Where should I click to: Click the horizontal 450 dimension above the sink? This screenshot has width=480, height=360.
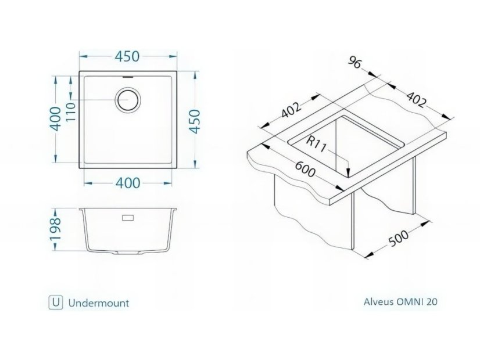127,56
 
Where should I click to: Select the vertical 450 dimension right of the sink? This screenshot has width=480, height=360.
195,121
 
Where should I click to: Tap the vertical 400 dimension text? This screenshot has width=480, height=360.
56,118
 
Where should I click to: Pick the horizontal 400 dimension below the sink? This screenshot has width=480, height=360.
128,183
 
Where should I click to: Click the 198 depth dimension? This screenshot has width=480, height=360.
56,229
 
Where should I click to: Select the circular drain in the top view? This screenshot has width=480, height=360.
128,100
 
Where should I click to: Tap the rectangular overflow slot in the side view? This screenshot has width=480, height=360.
128,218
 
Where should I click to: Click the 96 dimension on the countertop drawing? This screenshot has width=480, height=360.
355,63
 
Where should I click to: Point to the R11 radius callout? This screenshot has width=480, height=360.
317,145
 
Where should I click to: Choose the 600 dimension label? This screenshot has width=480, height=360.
305,169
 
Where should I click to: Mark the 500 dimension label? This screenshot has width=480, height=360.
398,237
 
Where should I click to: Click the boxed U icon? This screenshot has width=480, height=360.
56,303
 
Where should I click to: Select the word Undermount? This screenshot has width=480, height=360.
99,303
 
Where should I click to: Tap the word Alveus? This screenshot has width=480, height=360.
379,301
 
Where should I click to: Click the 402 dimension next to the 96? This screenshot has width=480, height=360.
415,99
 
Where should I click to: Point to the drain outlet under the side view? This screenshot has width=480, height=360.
128,253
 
